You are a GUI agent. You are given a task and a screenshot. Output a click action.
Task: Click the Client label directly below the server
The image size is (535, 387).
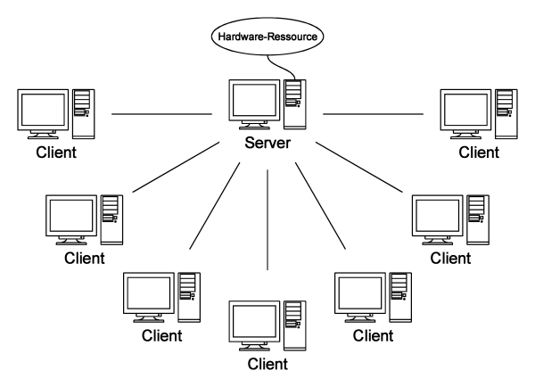268,364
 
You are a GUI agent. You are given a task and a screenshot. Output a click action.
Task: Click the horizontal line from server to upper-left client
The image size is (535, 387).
160,114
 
